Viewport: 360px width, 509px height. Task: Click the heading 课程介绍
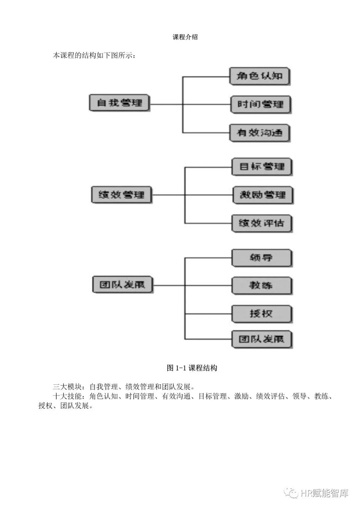coord(185,37)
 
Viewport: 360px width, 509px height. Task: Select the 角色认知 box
coord(259,76)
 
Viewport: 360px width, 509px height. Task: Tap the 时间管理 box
coord(260,105)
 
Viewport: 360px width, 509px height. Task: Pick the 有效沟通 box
coord(259,133)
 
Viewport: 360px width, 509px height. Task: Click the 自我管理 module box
coord(119,103)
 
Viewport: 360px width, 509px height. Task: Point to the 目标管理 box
coord(262,167)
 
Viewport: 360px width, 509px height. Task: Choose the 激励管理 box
coord(262,195)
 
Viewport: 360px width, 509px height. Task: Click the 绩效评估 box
coord(262,223)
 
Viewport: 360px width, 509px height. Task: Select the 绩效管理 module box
coord(121,195)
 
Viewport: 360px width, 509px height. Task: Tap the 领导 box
coord(262,258)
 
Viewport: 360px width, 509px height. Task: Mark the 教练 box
coord(262,286)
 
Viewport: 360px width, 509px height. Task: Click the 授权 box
coord(262,314)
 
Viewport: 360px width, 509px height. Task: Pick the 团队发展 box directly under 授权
coord(262,339)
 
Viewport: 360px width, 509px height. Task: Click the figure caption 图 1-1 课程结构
coord(192,368)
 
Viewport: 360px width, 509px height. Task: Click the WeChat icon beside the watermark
coord(291,493)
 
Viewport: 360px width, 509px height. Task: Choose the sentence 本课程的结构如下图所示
coord(94,56)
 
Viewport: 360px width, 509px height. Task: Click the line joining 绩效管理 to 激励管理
coord(207,195)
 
